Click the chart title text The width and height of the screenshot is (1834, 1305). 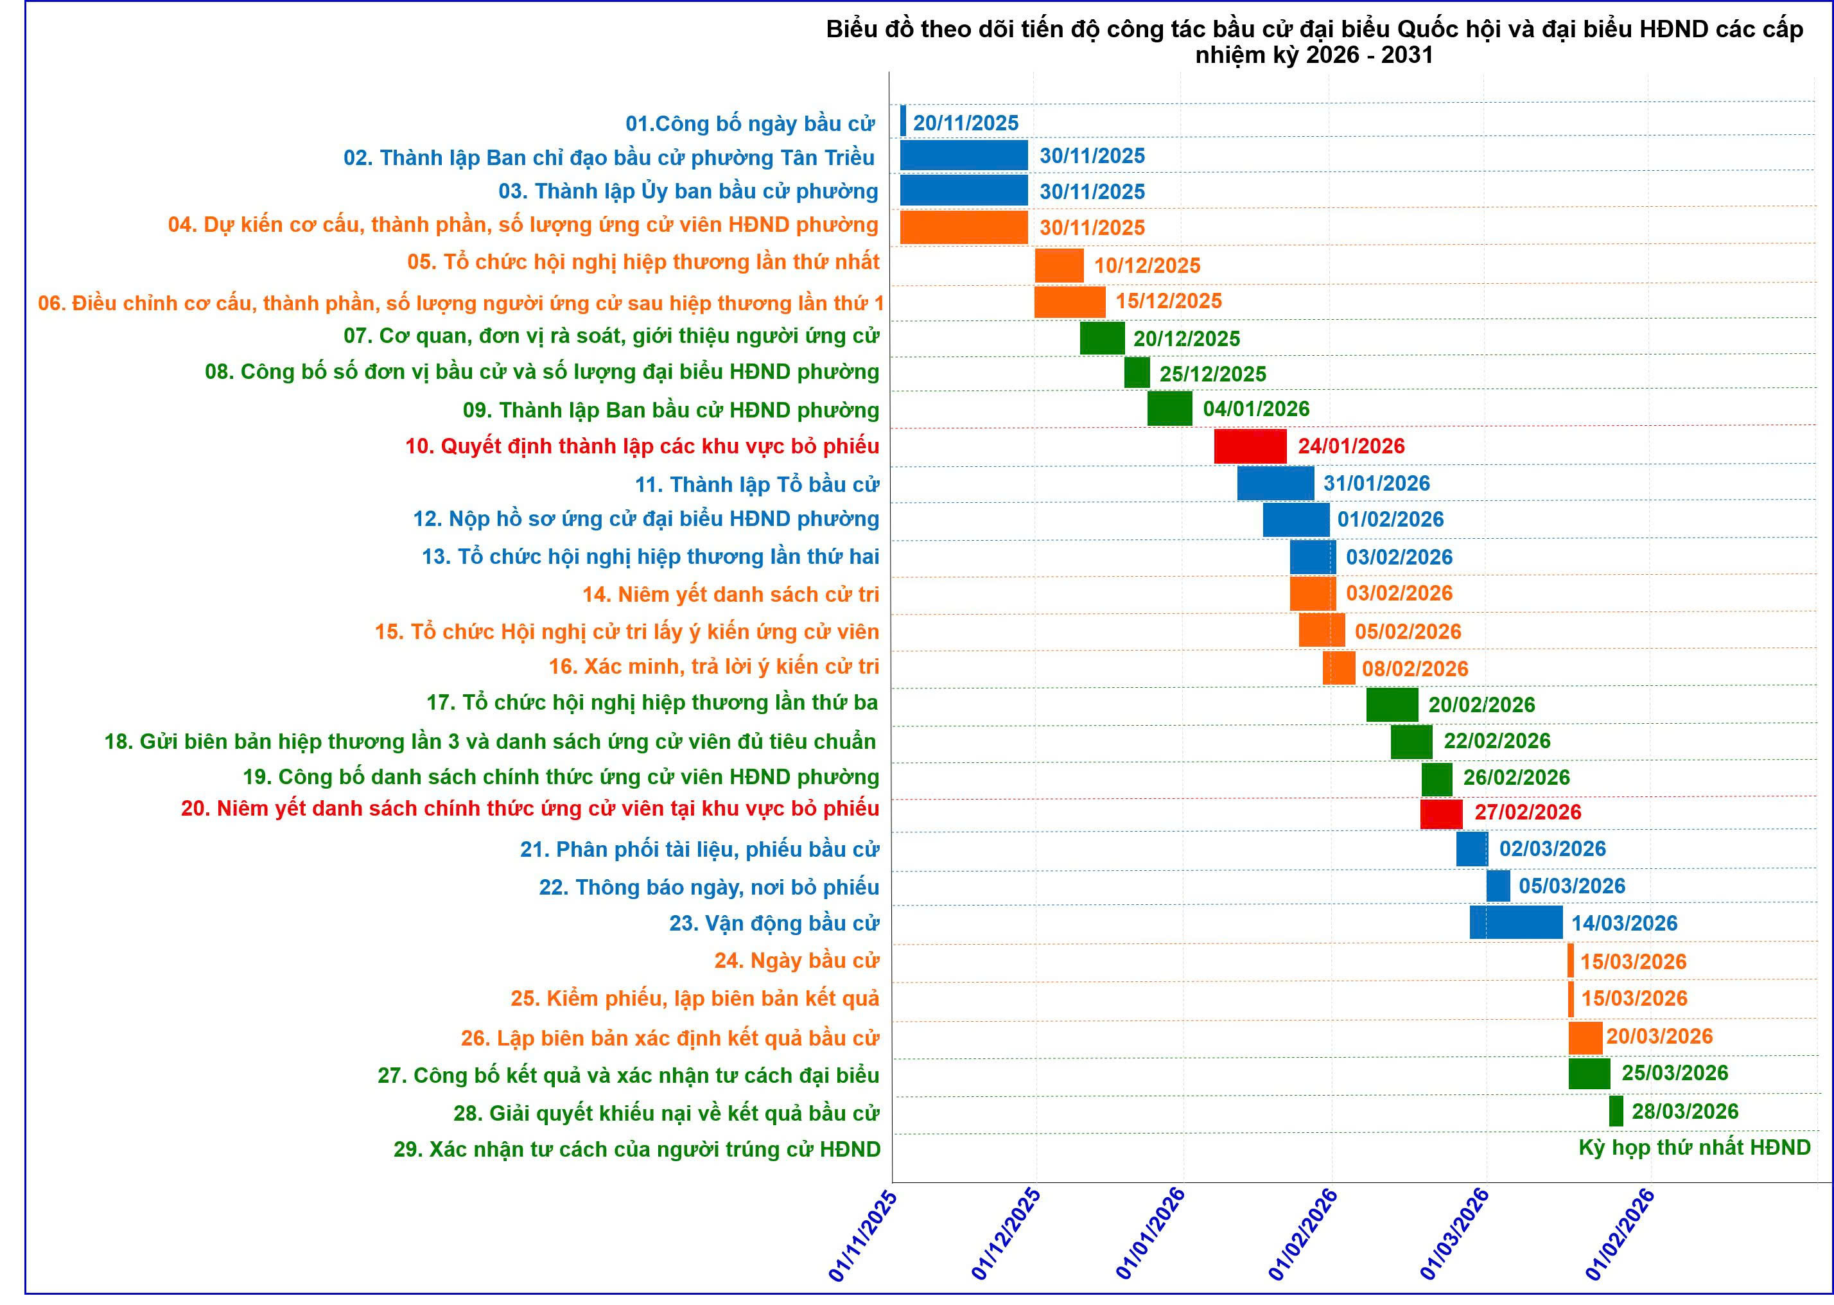[1314, 42]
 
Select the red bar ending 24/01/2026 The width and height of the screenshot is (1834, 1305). [1250, 446]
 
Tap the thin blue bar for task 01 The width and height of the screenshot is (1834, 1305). [903, 121]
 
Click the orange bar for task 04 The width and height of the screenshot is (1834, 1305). [963, 227]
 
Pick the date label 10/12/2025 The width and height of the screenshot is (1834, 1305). [1146, 265]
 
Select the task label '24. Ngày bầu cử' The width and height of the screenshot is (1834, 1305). [796, 960]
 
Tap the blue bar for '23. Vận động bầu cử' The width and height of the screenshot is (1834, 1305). [1516, 922]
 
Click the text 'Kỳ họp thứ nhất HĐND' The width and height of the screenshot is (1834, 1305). [1694, 1148]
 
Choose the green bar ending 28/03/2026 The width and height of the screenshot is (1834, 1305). [1616, 1111]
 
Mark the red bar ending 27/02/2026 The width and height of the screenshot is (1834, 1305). [1441, 813]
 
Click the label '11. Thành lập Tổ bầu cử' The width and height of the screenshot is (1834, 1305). [756, 484]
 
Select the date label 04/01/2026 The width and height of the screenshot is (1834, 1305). [1255, 409]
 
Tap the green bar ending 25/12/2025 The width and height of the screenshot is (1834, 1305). [1137, 373]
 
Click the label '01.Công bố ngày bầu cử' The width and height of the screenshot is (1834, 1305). [749, 124]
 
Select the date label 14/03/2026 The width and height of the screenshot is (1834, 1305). [1623, 924]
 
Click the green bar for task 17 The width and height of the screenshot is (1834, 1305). [1392, 705]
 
